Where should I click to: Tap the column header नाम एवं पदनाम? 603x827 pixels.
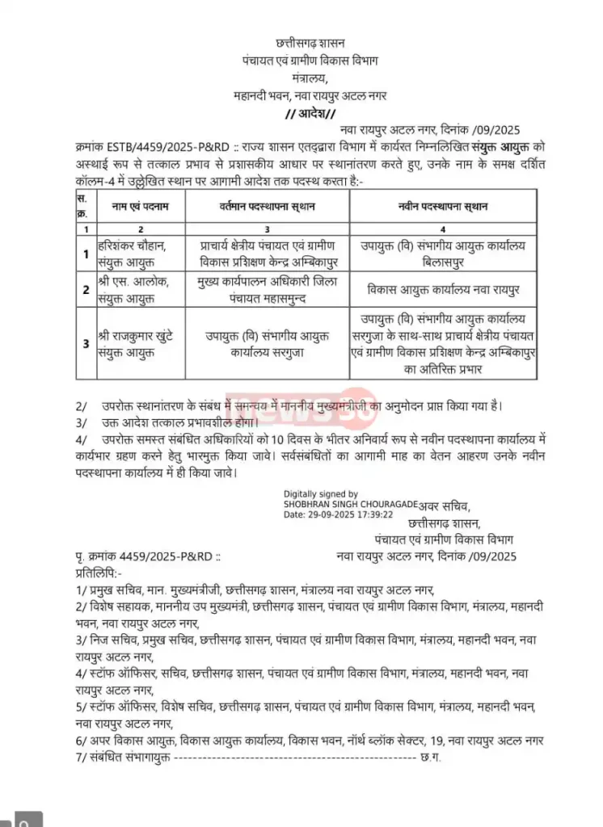pos(141,207)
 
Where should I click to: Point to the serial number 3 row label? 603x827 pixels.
pos(85,343)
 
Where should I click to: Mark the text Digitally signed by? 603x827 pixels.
pos(321,494)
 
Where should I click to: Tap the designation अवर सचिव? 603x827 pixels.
pos(447,506)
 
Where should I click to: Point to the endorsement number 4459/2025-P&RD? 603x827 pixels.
pos(170,556)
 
